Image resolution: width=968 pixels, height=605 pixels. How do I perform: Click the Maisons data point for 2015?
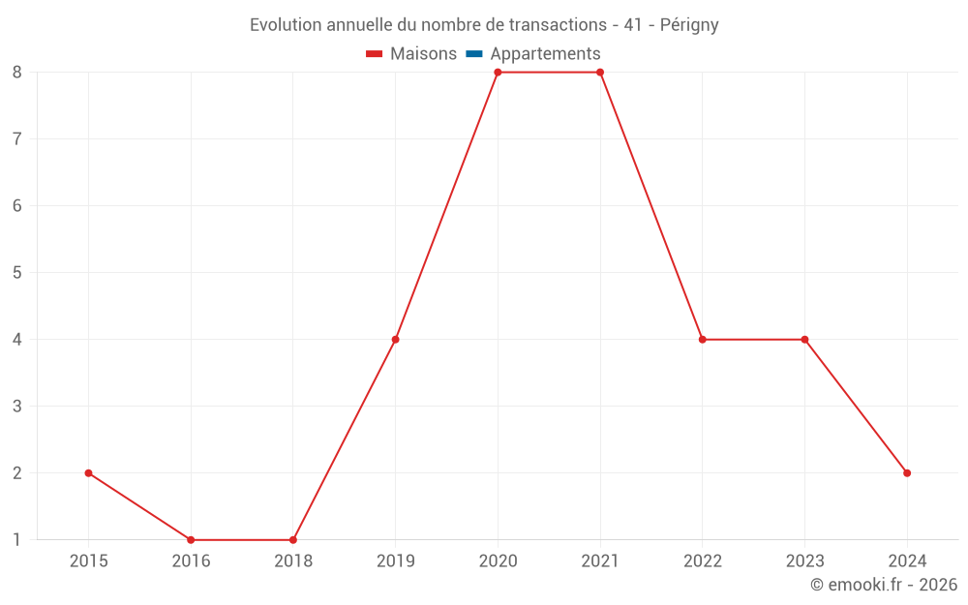tap(88, 473)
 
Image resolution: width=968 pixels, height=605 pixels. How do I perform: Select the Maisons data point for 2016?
tap(191, 540)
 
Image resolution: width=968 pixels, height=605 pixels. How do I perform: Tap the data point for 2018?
tap(293, 540)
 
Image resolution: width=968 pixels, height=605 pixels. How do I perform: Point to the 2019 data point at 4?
tap(396, 340)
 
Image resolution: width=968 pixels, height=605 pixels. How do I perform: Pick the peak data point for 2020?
tap(498, 73)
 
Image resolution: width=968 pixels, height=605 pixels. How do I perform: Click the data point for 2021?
tap(600, 73)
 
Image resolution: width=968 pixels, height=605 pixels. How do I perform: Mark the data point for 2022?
tap(703, 340)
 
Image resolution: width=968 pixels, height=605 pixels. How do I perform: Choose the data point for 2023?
tap(804, 340)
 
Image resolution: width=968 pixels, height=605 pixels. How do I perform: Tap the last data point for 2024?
tap(907, 473)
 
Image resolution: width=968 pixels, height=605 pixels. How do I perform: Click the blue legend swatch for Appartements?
tap(474, 54)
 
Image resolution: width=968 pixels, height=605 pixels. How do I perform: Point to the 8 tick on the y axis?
tap(17, 73)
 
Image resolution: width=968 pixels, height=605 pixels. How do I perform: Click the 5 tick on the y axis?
tap(17, 273)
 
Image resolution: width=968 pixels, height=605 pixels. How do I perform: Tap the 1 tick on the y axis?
tap(17, 540)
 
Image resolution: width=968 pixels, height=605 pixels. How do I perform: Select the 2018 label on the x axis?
tap(293, 561)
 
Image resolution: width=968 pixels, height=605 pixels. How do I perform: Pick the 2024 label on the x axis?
tap(907, 561)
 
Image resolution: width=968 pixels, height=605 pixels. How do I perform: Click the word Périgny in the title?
tap(689, 25)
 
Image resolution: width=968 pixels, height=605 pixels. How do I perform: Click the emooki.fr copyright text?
tap(884, 585)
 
